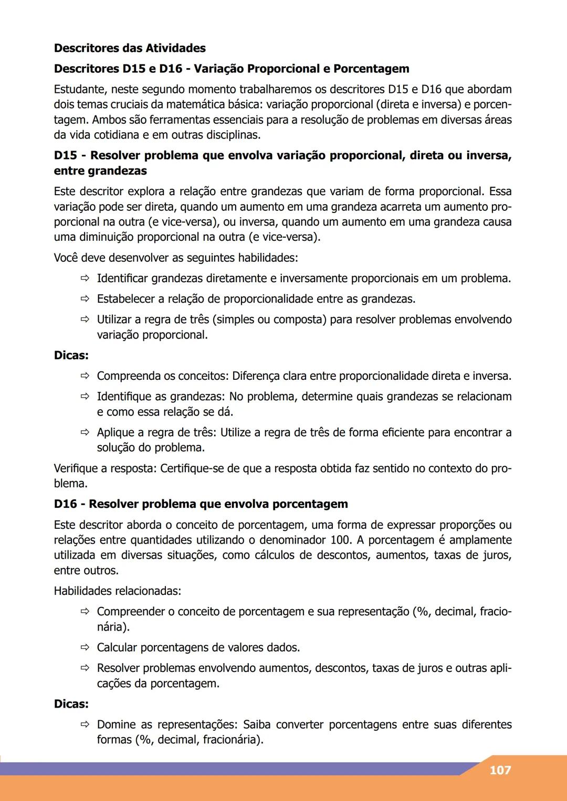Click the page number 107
coord(500,770)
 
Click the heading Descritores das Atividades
coord(130,48)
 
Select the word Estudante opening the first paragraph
coord(79,89)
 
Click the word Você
coord(66,258)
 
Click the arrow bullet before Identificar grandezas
coord(85,279)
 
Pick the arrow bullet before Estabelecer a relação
coord(85,299)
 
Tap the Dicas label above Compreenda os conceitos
coord(71,356)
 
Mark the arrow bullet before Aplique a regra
coord(85,433)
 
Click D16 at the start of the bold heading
coord(65,504)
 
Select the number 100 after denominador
coord(341,540)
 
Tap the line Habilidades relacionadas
coord(117,591)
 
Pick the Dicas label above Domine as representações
coord(71,704)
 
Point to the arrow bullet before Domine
coord(85,725)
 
